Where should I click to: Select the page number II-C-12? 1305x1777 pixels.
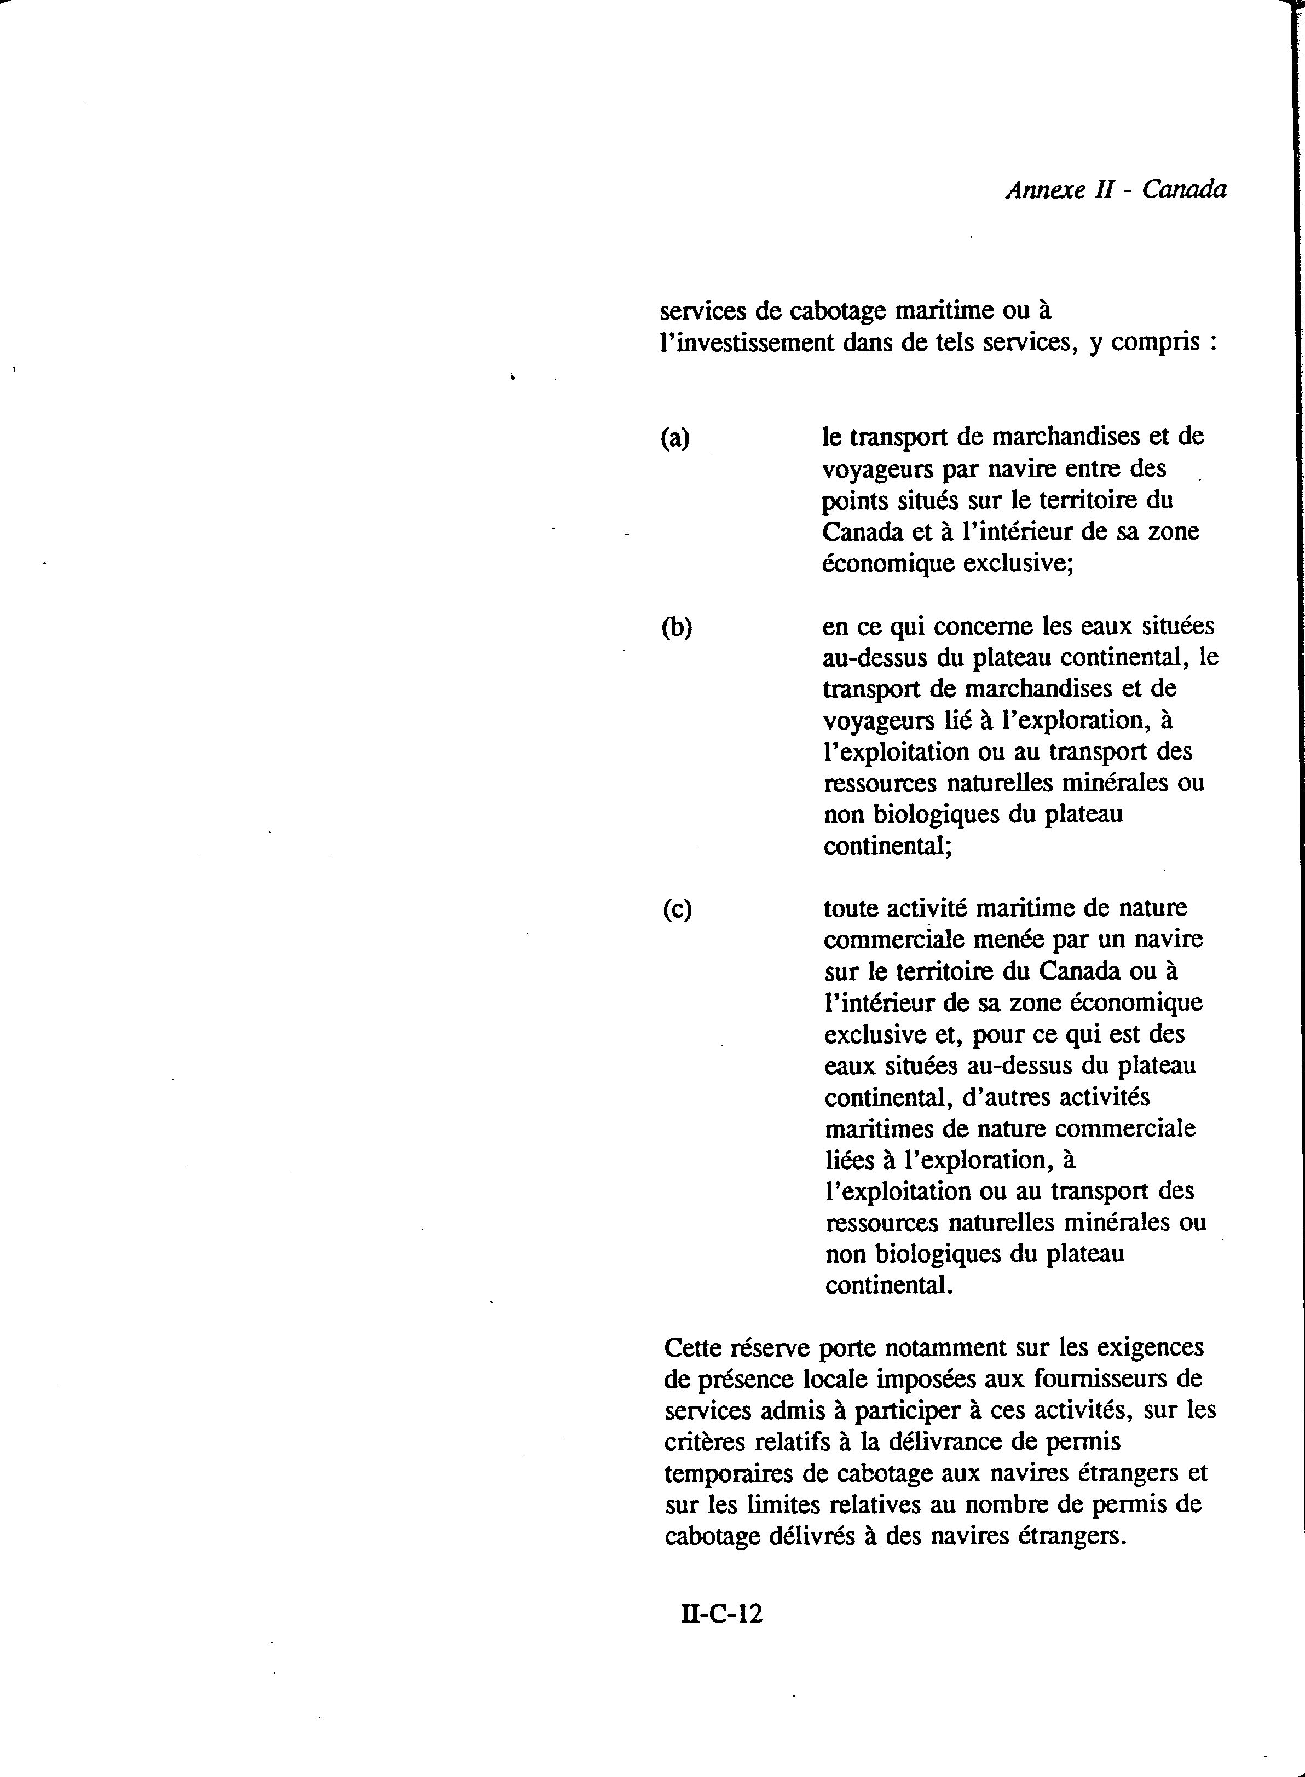click(x=722, y=1613)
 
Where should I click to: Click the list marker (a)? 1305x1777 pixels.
click(x=674, y=437)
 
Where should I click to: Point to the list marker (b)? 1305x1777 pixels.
click(x=676, y=627)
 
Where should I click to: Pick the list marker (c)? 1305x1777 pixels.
click(x=677, y=910)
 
